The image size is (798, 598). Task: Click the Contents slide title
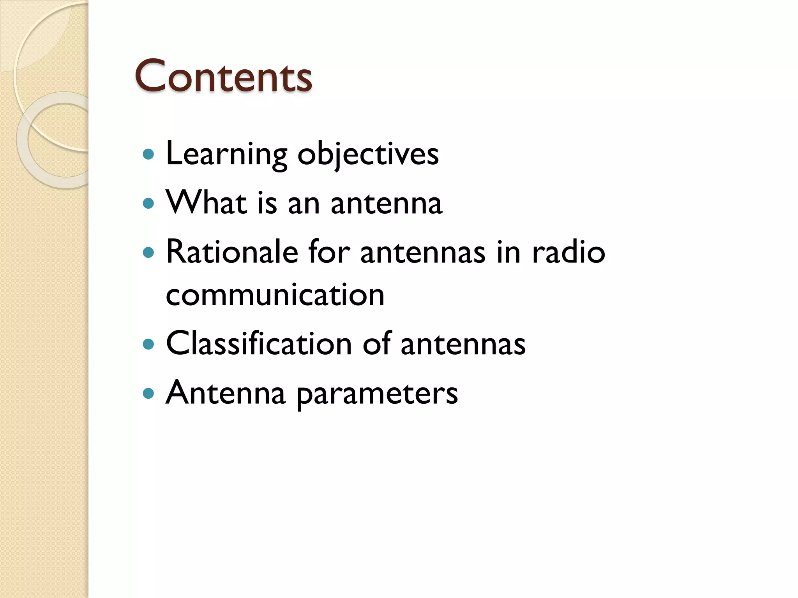[x=223, y=76]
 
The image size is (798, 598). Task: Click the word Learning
[x=226, y=154]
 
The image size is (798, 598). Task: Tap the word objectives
[x=368, y=154]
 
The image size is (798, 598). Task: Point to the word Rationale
[x=232, y=252]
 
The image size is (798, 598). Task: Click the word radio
[x=568, y=252]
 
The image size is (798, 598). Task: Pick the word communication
[x=275, y=295]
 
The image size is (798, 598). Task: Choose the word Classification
[x=259, y=343]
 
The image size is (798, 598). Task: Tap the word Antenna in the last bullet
[x=226, y=393]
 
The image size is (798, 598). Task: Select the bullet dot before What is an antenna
[x=148, y=203]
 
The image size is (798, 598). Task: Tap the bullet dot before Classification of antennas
[x=148, y=344]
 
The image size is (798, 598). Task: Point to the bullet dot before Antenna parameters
[x=148, y=394]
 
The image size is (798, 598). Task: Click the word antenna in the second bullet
[x=386, y=203]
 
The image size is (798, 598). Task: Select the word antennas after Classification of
[x=463, y=344]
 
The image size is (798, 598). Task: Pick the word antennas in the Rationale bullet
[x=423, y=252]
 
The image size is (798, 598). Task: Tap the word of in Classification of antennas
[x=376, y=343]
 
